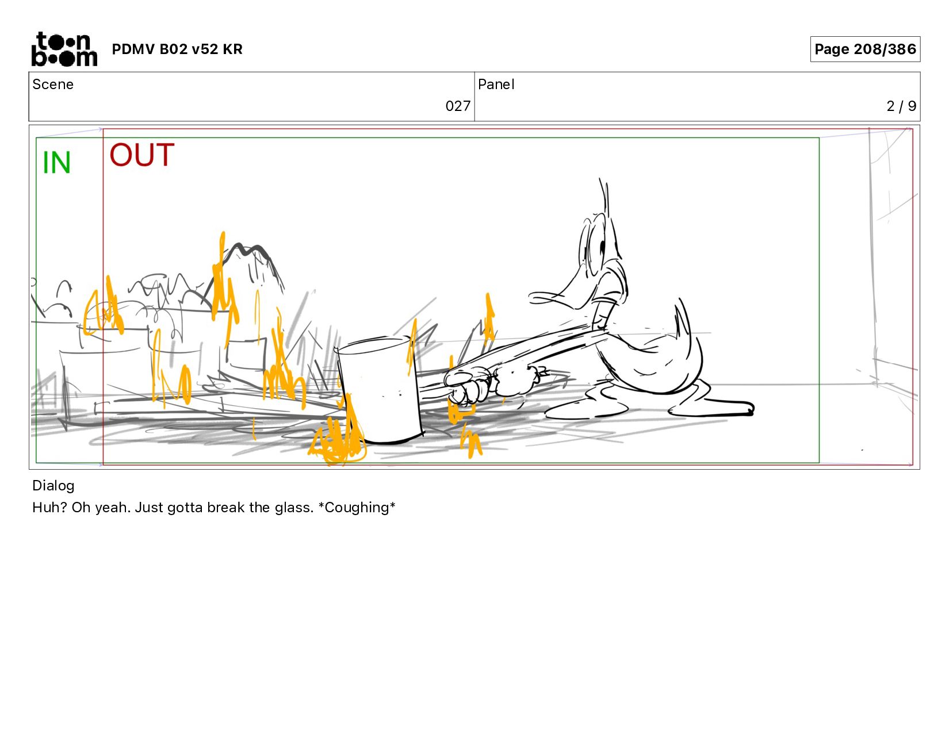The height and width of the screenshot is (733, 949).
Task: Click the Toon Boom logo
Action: coord(64,49)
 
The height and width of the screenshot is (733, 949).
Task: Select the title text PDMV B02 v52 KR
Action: coord(177,49)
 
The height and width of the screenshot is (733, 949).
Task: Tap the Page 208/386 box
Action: coord(864,49)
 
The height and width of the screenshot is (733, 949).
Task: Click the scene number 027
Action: coord(458,106)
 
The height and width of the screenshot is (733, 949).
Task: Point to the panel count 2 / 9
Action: coord(901,106)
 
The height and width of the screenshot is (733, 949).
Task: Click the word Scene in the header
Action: coord(53,85)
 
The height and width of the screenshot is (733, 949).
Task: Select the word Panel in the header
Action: coord(496,85)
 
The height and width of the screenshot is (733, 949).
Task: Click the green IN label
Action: coord(56,163)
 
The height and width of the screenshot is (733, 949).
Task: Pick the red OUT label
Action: coord(141,155)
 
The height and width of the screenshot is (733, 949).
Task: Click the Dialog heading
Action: coord(53,485)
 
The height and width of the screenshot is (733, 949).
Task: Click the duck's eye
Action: coord(602,248)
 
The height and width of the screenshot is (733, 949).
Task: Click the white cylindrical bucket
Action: coord(379,389)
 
